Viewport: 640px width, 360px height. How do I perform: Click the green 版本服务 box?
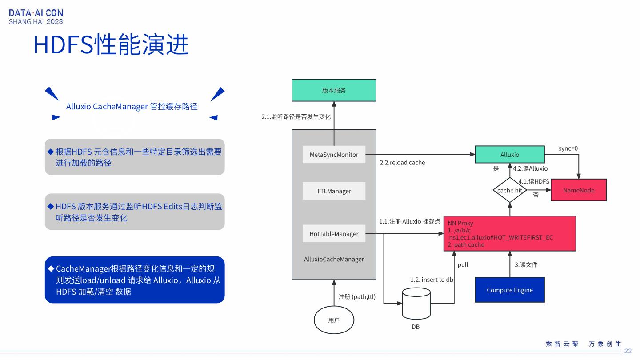[334, 90]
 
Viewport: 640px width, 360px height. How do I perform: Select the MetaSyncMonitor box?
[334, 155]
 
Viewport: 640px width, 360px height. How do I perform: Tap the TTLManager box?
[334, 191]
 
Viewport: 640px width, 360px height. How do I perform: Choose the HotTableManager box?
[334, 234]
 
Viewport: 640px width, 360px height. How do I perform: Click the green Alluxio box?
[510, 155]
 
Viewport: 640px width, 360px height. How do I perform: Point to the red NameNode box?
[578, 190]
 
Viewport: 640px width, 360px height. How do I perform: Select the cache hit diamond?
[510, 190]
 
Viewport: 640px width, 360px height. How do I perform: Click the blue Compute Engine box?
[510, 290]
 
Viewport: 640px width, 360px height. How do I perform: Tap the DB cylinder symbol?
[416, 304]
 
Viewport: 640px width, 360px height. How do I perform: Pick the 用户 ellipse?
[334, 320]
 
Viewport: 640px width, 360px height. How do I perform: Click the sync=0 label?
[568, 148]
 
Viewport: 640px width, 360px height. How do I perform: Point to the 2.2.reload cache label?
[402, 163]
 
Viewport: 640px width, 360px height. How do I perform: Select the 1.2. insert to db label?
[432, 280]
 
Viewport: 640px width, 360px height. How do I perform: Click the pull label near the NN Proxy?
[463, 265]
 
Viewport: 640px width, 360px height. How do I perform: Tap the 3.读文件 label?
[526, 265]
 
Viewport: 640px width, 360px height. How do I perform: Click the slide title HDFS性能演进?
[111, 44]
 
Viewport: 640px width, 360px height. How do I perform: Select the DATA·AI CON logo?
[36, 17]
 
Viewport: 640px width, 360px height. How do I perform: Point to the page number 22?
[628, 351]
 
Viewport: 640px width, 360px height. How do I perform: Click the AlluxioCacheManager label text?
[334, 260]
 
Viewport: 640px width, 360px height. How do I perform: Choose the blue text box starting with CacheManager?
[135, 280]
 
